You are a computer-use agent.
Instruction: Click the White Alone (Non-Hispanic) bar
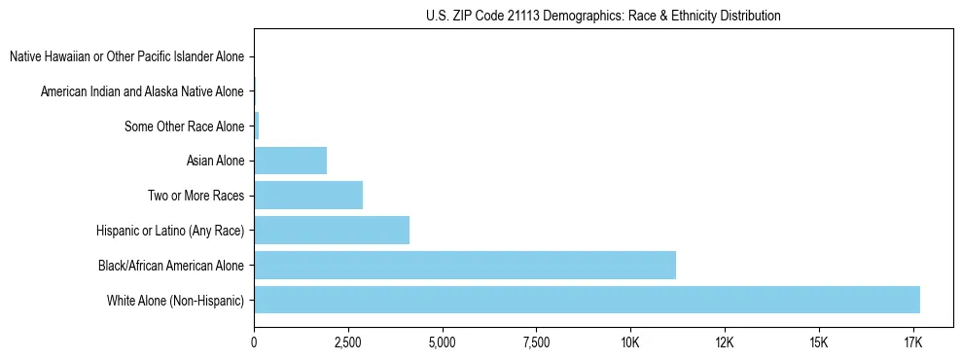click(587, 300)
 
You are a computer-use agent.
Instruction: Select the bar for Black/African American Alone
click(465, 265)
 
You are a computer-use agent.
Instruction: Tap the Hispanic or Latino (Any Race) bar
click(332, 230)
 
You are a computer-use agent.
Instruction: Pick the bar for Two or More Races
click(308, 195)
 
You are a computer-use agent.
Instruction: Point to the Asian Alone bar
click(290, 160)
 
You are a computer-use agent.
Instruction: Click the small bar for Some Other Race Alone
click(257, 126)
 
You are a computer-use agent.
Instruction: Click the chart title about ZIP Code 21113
click(603, 16)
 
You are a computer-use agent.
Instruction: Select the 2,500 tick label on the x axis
click(348, 343)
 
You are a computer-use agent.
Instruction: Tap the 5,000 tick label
click(442, 343)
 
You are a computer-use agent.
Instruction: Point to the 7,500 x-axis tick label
click(536, 343)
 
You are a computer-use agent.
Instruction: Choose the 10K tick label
click(630, 343)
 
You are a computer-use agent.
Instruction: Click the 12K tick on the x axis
click(724, 343)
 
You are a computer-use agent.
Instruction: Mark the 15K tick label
click(818, 343)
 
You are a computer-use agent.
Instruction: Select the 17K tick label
click(912, 343)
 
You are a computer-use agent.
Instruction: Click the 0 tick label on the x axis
click(254, 343)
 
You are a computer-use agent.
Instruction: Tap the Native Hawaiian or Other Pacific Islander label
click(126, 56)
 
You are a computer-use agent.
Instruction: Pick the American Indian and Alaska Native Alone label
click(142, 91)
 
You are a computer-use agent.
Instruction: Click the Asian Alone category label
click(215, 161)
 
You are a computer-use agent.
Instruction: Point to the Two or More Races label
click(196, 196)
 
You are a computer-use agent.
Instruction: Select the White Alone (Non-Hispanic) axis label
click(176, 300)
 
